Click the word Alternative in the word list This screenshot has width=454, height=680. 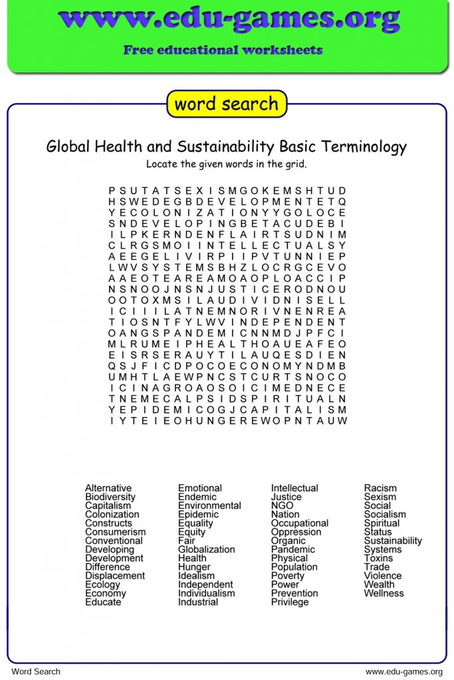[x=108, y=488]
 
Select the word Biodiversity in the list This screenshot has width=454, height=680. [x=110, y=497]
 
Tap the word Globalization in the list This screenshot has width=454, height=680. [x=206, y=549]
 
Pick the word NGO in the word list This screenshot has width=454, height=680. [x=282, y=505]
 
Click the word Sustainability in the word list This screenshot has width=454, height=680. [x=393, y=541]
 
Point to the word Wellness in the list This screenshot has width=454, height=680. [x=384, y=593]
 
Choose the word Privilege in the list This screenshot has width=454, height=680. [x=290, y=602]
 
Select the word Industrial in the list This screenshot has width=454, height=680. [x=198, y=602]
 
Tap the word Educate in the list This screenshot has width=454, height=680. [x=103, y=602]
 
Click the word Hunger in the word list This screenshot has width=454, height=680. [x=194, y=567]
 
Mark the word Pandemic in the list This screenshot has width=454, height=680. [x=293, y=549]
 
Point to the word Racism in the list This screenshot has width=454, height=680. [x=380, y=488]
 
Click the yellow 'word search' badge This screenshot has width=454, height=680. [x=227, y=104]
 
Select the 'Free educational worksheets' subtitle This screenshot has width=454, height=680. [x=223, y=50]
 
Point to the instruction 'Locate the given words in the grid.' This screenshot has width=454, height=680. [x=227, y=164]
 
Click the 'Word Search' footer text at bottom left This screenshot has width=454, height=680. [x=36, y=671]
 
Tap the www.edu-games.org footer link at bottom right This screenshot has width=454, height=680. [x=404, y=671]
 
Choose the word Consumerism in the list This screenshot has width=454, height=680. [x=115, y=532]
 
